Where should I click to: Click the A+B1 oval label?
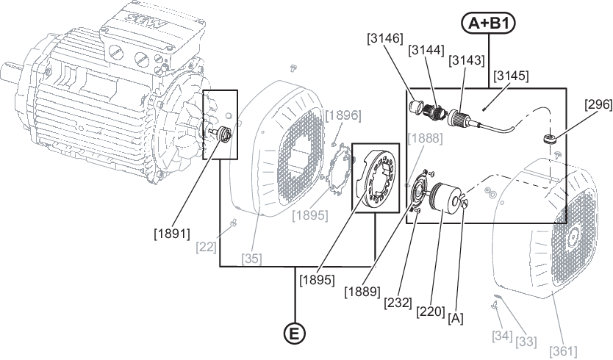point(489,24)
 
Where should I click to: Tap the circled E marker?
point(295,334)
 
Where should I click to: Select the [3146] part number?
point(384,38)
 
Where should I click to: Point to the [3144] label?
point(426,50)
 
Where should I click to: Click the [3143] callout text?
point(467,60)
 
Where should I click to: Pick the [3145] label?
point(511,76)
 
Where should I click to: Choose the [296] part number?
point(598,104)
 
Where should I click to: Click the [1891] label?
point(172,234)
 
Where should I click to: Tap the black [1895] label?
point(317,280)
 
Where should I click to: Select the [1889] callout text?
point(362,291)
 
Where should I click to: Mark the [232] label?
point(398,302)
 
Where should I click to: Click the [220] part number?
point(431,312)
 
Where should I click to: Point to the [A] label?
point(456,318)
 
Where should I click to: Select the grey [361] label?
point(563,350)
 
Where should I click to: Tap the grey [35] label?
point(251,259)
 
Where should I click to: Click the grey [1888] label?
point(425,138)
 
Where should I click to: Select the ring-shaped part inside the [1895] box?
point(376,179)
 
